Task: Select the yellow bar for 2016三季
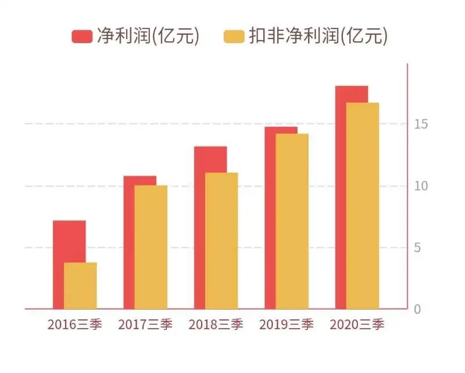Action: [80, 285]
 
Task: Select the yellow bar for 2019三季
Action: [292, 221]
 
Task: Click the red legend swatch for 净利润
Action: [82, 36]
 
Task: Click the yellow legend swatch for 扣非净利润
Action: [234, 36]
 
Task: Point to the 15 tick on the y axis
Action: [421, 124]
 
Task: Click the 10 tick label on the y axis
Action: [421, 186]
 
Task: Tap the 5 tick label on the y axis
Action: [417, 248]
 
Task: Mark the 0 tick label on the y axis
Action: [417, 310]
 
